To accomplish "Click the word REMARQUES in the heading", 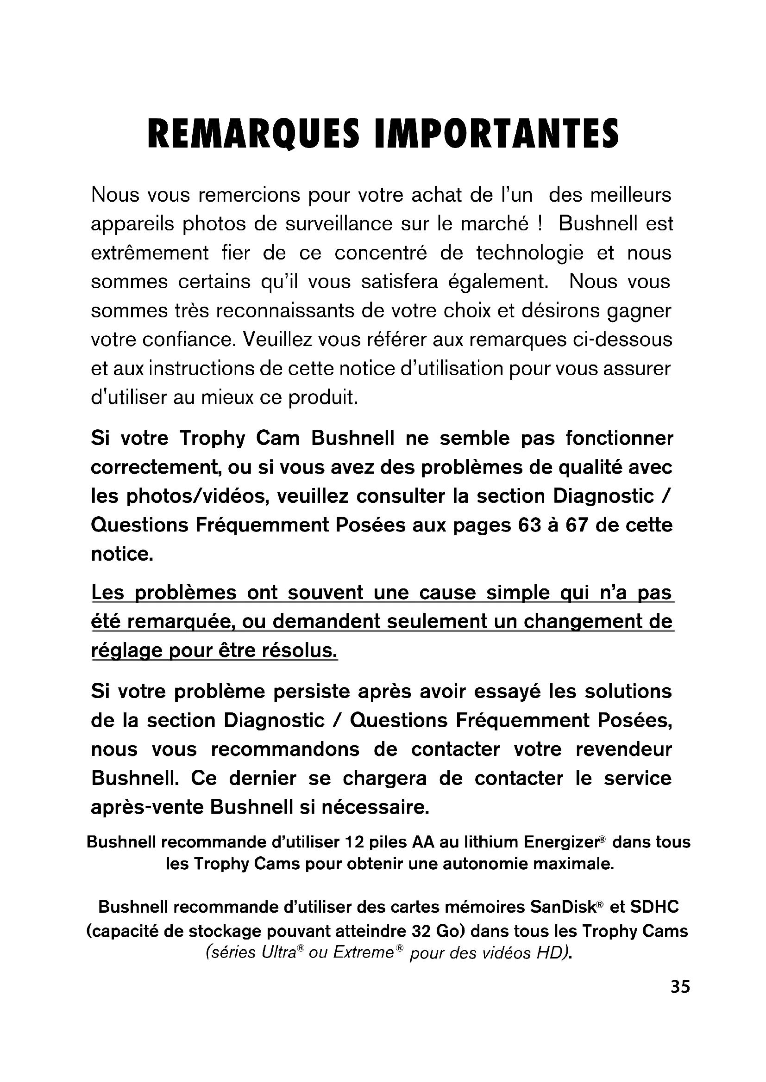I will [253, 133].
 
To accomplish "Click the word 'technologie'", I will [529, 253].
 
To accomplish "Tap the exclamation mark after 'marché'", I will [539, 224].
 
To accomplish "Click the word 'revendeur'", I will [623, 749].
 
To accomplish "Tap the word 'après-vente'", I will [147, 807].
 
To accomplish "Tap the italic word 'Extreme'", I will [363, 952].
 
